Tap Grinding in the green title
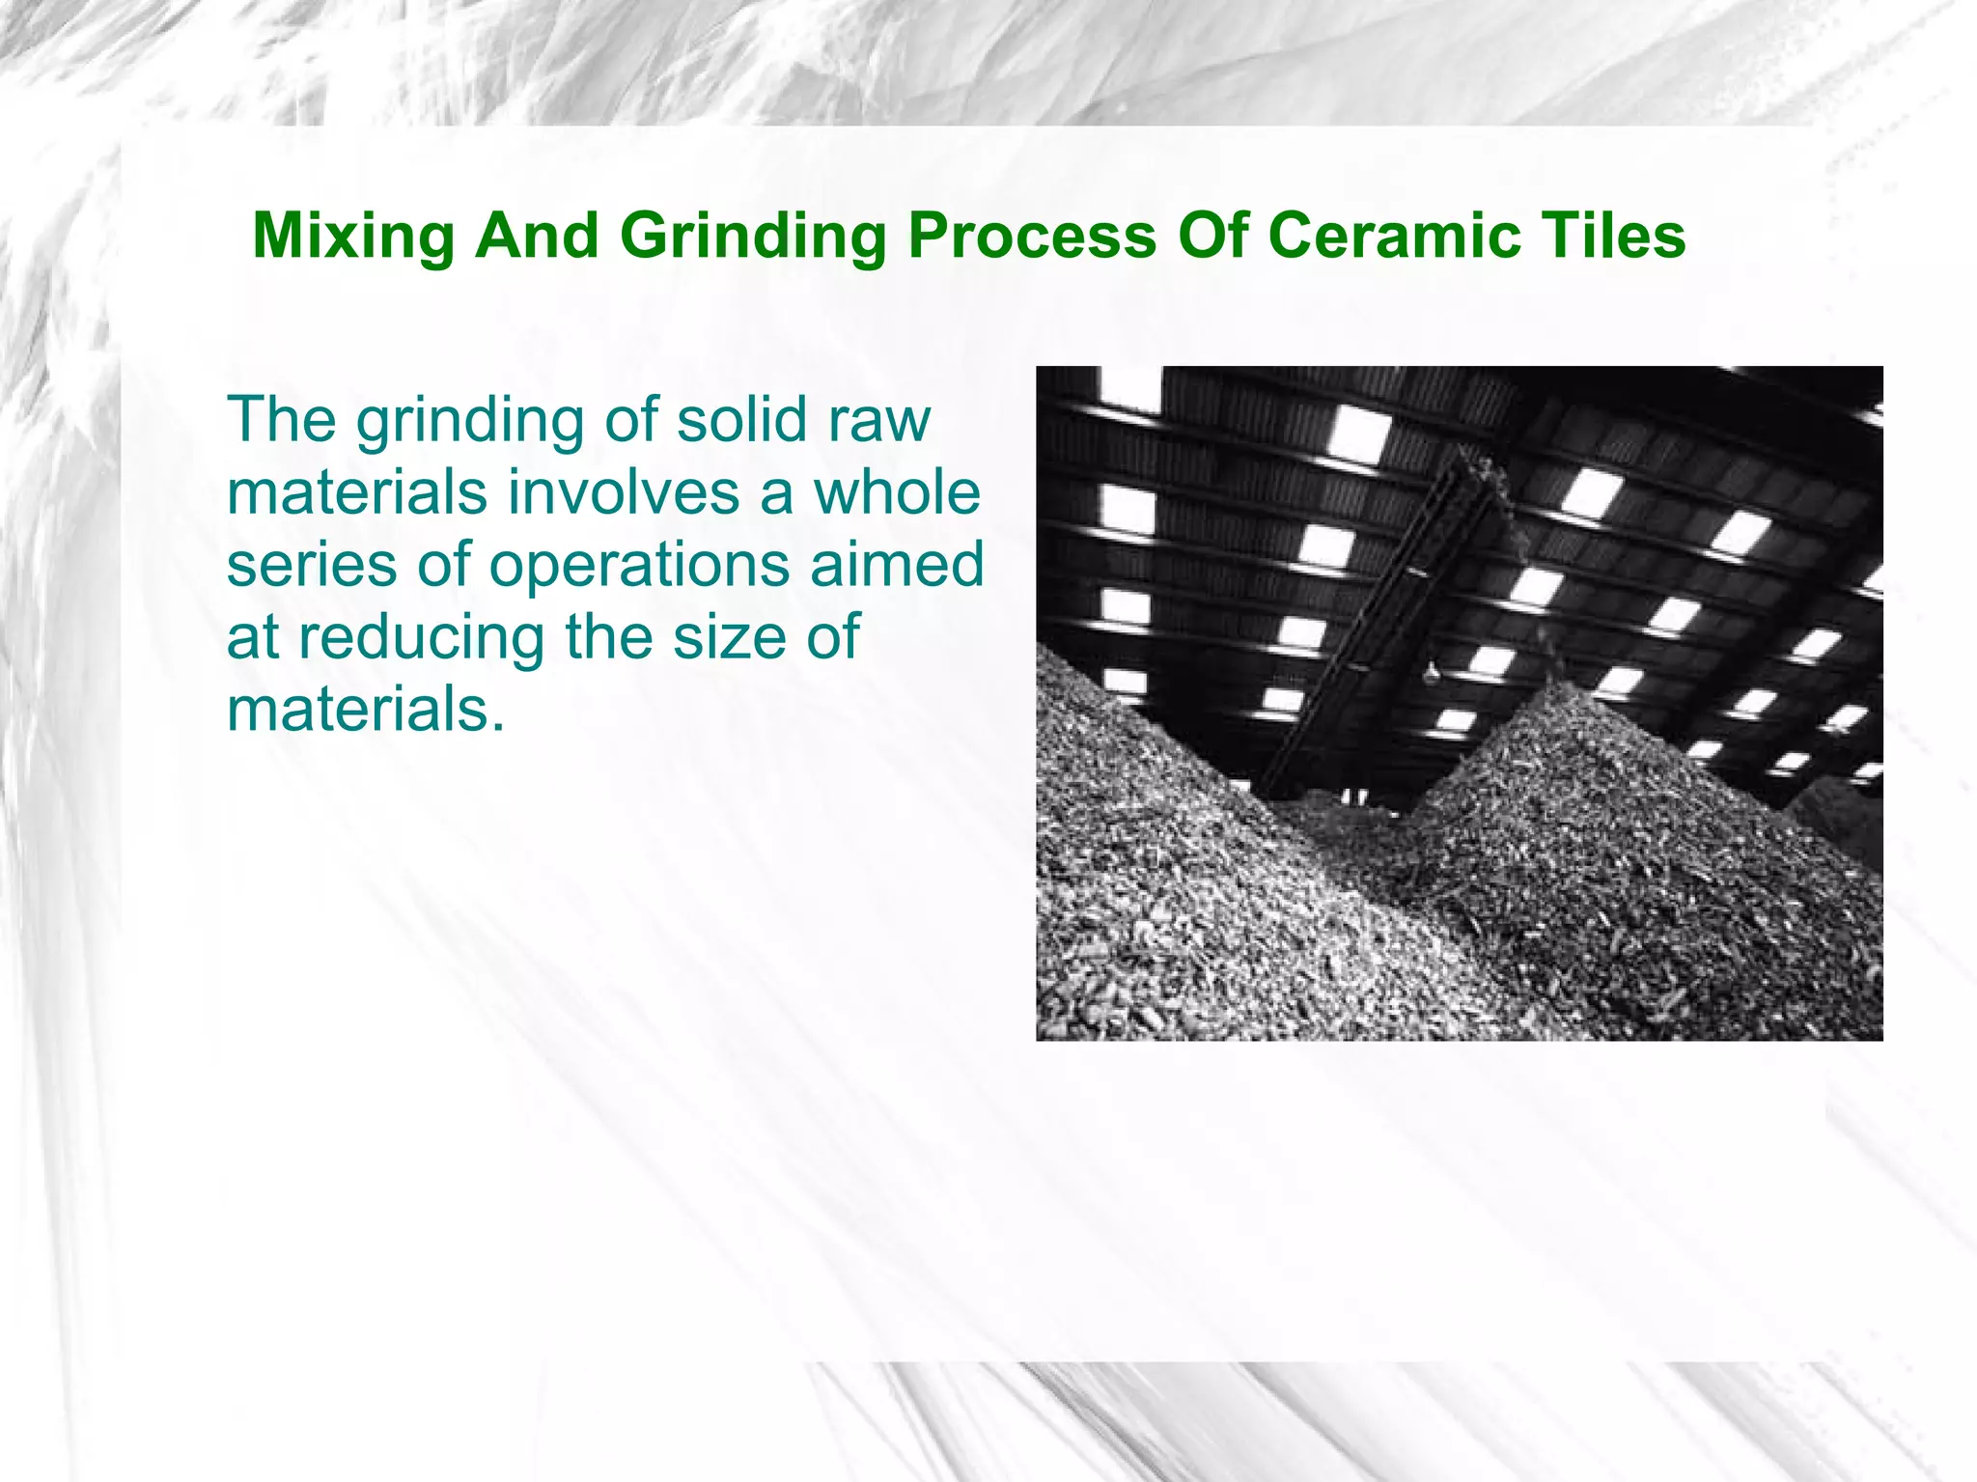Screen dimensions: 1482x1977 pos(753,237)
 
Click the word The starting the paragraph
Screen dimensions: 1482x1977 pos(283,420)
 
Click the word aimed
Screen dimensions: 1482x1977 pos(897,565)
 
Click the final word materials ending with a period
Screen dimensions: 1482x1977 pos(366,710)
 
